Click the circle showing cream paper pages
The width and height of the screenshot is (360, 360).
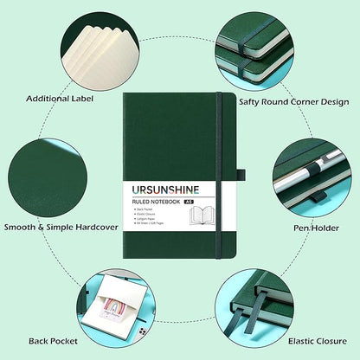pyautogui.click(x=95, y=43)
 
